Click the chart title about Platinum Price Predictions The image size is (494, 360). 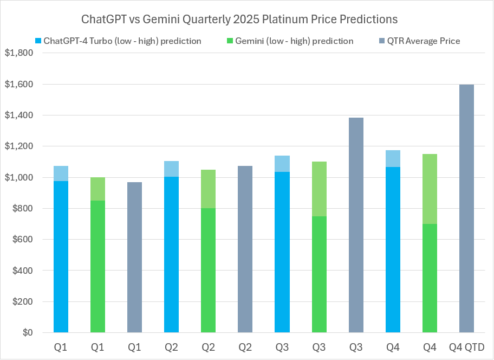pos(239,20)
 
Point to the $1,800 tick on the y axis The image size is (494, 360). pos(18,53)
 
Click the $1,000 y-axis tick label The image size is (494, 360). pos(18,178)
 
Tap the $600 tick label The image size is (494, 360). pos(22,240)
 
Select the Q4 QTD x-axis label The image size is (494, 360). pos(466,347)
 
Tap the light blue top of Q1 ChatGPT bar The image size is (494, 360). pos(61,173)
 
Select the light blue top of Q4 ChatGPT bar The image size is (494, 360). pos(393,158)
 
